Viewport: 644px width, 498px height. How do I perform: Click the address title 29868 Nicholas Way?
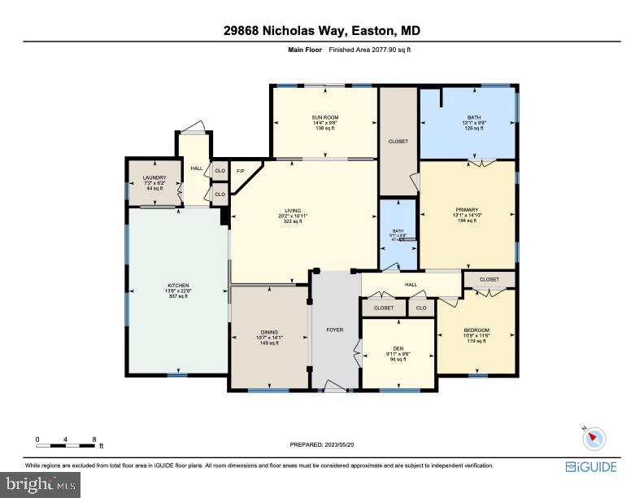point(322,31)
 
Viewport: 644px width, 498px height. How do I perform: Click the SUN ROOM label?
point(324,118)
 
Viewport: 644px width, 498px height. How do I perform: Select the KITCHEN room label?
point(178,286)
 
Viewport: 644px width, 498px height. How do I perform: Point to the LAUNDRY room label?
point(154,177)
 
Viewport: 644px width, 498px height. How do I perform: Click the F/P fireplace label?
point(240,171)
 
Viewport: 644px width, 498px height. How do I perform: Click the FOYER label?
point(334,330)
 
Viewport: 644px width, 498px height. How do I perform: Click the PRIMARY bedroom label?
point(467,209)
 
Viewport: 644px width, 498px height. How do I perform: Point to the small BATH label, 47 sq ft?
point(398,231)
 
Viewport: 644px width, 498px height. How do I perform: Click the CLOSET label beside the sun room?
point(398,141)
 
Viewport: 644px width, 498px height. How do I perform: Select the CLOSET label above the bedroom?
point(489,279)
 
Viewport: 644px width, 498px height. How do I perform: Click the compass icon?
point(595,439)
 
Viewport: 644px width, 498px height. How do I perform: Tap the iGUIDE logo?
point(590,467)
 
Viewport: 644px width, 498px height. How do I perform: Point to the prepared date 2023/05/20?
point(321,444)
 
